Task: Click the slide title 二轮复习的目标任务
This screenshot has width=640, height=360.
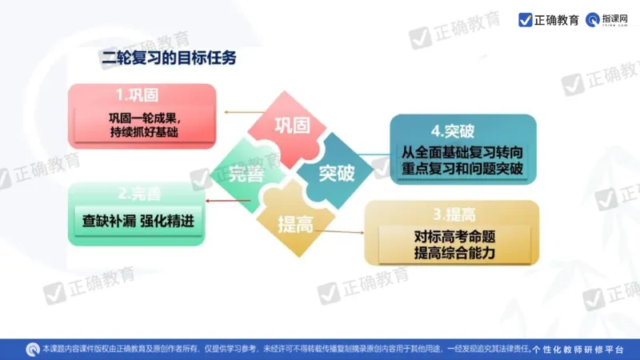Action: click(169, 58)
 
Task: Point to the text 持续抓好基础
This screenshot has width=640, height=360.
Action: click(141, 133)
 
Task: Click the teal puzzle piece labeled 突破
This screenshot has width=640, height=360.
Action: click(336, 173)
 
